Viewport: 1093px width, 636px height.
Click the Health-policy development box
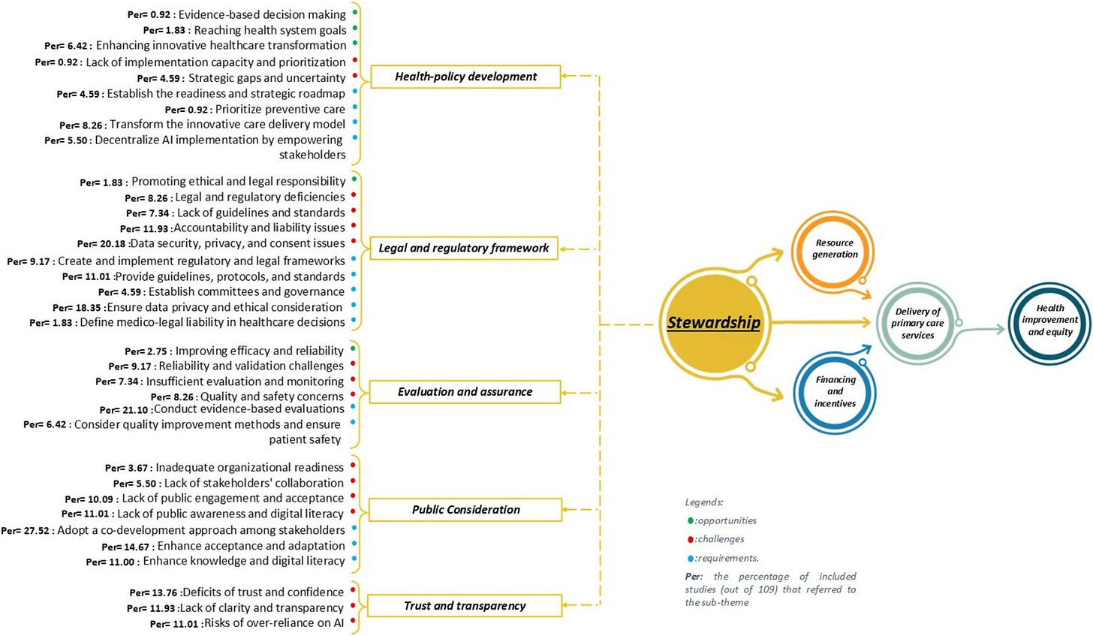click(x=465, y=77)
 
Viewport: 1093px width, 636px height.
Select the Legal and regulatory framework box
click(x=464, y=248)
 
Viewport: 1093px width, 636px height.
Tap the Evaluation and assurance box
click(x=465, y=392)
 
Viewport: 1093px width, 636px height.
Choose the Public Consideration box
click(x=465, y=510)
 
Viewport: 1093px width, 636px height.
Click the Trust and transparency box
click(x=465, y=606)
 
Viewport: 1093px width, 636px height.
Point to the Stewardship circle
click(x=714, y=323)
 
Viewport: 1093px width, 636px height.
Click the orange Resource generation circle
click(x=834, y=249)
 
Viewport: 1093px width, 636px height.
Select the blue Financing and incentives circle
click(x=835, y=391)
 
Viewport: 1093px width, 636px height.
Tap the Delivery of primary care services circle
click(x=917, y=324)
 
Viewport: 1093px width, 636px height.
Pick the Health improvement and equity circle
click(x=1049, y=320)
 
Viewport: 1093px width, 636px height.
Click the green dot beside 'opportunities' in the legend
click(x=690, y=520)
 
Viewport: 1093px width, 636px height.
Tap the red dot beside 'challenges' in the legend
click(x=690, y=539)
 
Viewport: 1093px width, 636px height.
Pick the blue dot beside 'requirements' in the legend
click(x=690, y=558)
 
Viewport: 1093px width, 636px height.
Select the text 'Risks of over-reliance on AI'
click(x=272, y=623)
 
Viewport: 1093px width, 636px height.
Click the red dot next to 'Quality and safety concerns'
click(x=353, y=393)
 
